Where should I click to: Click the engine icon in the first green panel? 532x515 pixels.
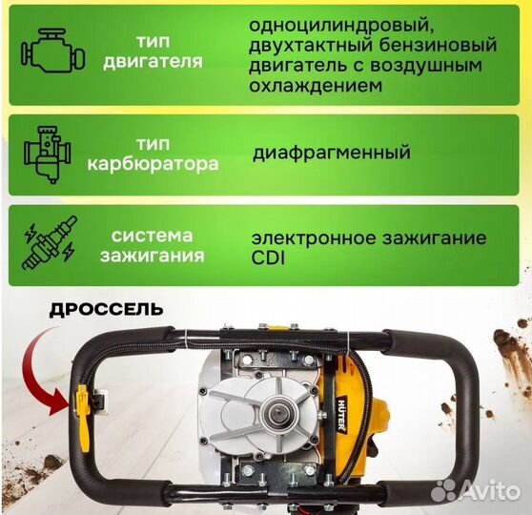tap(48, 50)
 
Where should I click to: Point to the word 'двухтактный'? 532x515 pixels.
tap(297, 45)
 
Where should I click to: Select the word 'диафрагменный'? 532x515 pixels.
tap(331, 152)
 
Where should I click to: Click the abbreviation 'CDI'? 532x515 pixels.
tap(270, 257)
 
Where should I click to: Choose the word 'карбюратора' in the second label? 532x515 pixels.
tap(153, 163)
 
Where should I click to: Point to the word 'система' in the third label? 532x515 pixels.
tap(153, 235)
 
